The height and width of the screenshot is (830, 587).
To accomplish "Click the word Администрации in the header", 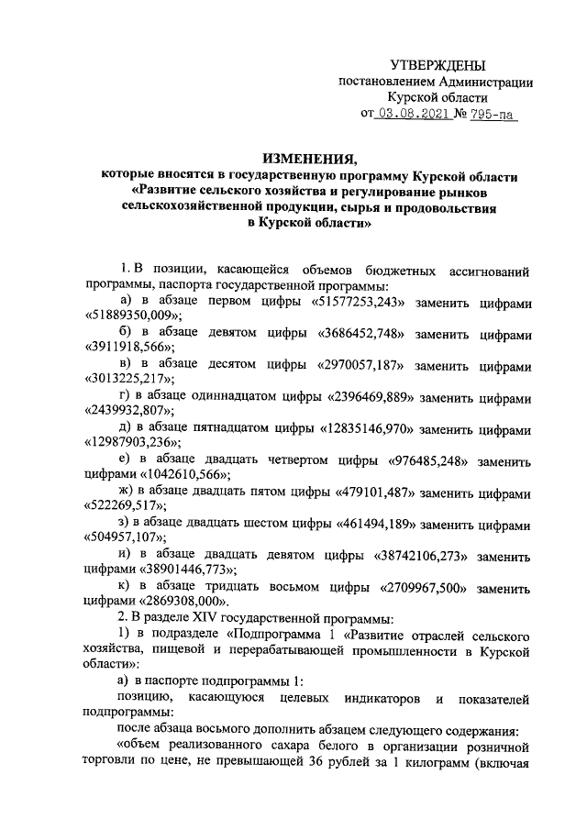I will pos(484,81).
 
